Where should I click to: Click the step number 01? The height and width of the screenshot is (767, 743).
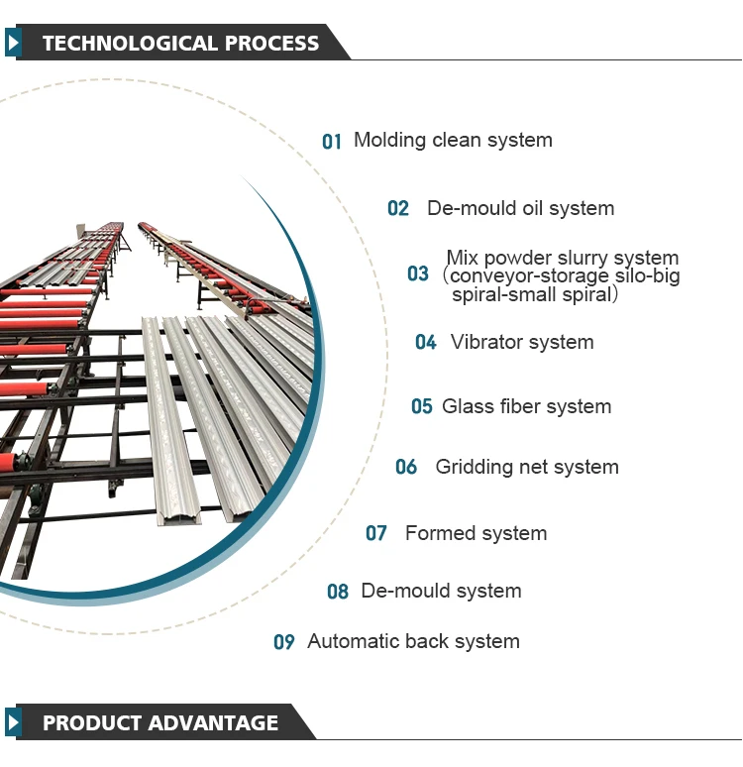click(x=331, y=142)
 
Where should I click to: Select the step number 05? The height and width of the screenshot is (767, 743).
click(x=422, y=406)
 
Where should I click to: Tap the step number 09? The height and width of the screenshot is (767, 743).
click(x=284, y=642)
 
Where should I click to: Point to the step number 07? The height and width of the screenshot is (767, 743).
click(x=376, y=533)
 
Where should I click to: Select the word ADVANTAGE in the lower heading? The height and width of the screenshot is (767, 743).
click(x=213, y=723)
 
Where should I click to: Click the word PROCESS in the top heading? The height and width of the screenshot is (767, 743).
click(x=271, y=43)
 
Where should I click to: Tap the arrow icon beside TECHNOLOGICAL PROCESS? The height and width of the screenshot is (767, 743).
click(x=13, y=43)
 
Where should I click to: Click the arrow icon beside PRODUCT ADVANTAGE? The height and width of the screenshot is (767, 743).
click(x=13, y=722)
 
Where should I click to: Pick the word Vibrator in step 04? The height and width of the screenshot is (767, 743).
click(x=486, y=342)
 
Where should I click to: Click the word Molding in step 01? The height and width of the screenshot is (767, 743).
click(x=390, y=141)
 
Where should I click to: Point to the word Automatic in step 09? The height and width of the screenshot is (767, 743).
click(x=353, y=641)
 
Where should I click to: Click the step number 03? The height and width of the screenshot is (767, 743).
click(x=418, y=274)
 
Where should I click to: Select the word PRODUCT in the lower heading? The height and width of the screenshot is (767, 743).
click(x=92, y=723)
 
